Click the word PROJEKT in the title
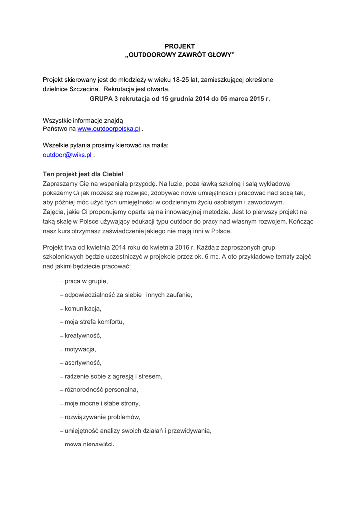180,46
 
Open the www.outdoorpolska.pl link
109,129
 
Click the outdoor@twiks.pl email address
68,155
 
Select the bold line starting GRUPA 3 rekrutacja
180,99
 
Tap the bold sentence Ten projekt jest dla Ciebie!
83,174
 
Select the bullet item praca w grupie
86,281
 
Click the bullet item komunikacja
82,308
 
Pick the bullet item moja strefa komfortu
94,322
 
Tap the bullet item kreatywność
82,335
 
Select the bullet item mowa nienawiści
89,444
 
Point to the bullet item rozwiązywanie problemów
102,417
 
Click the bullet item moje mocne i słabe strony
102,403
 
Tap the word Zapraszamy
62,184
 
